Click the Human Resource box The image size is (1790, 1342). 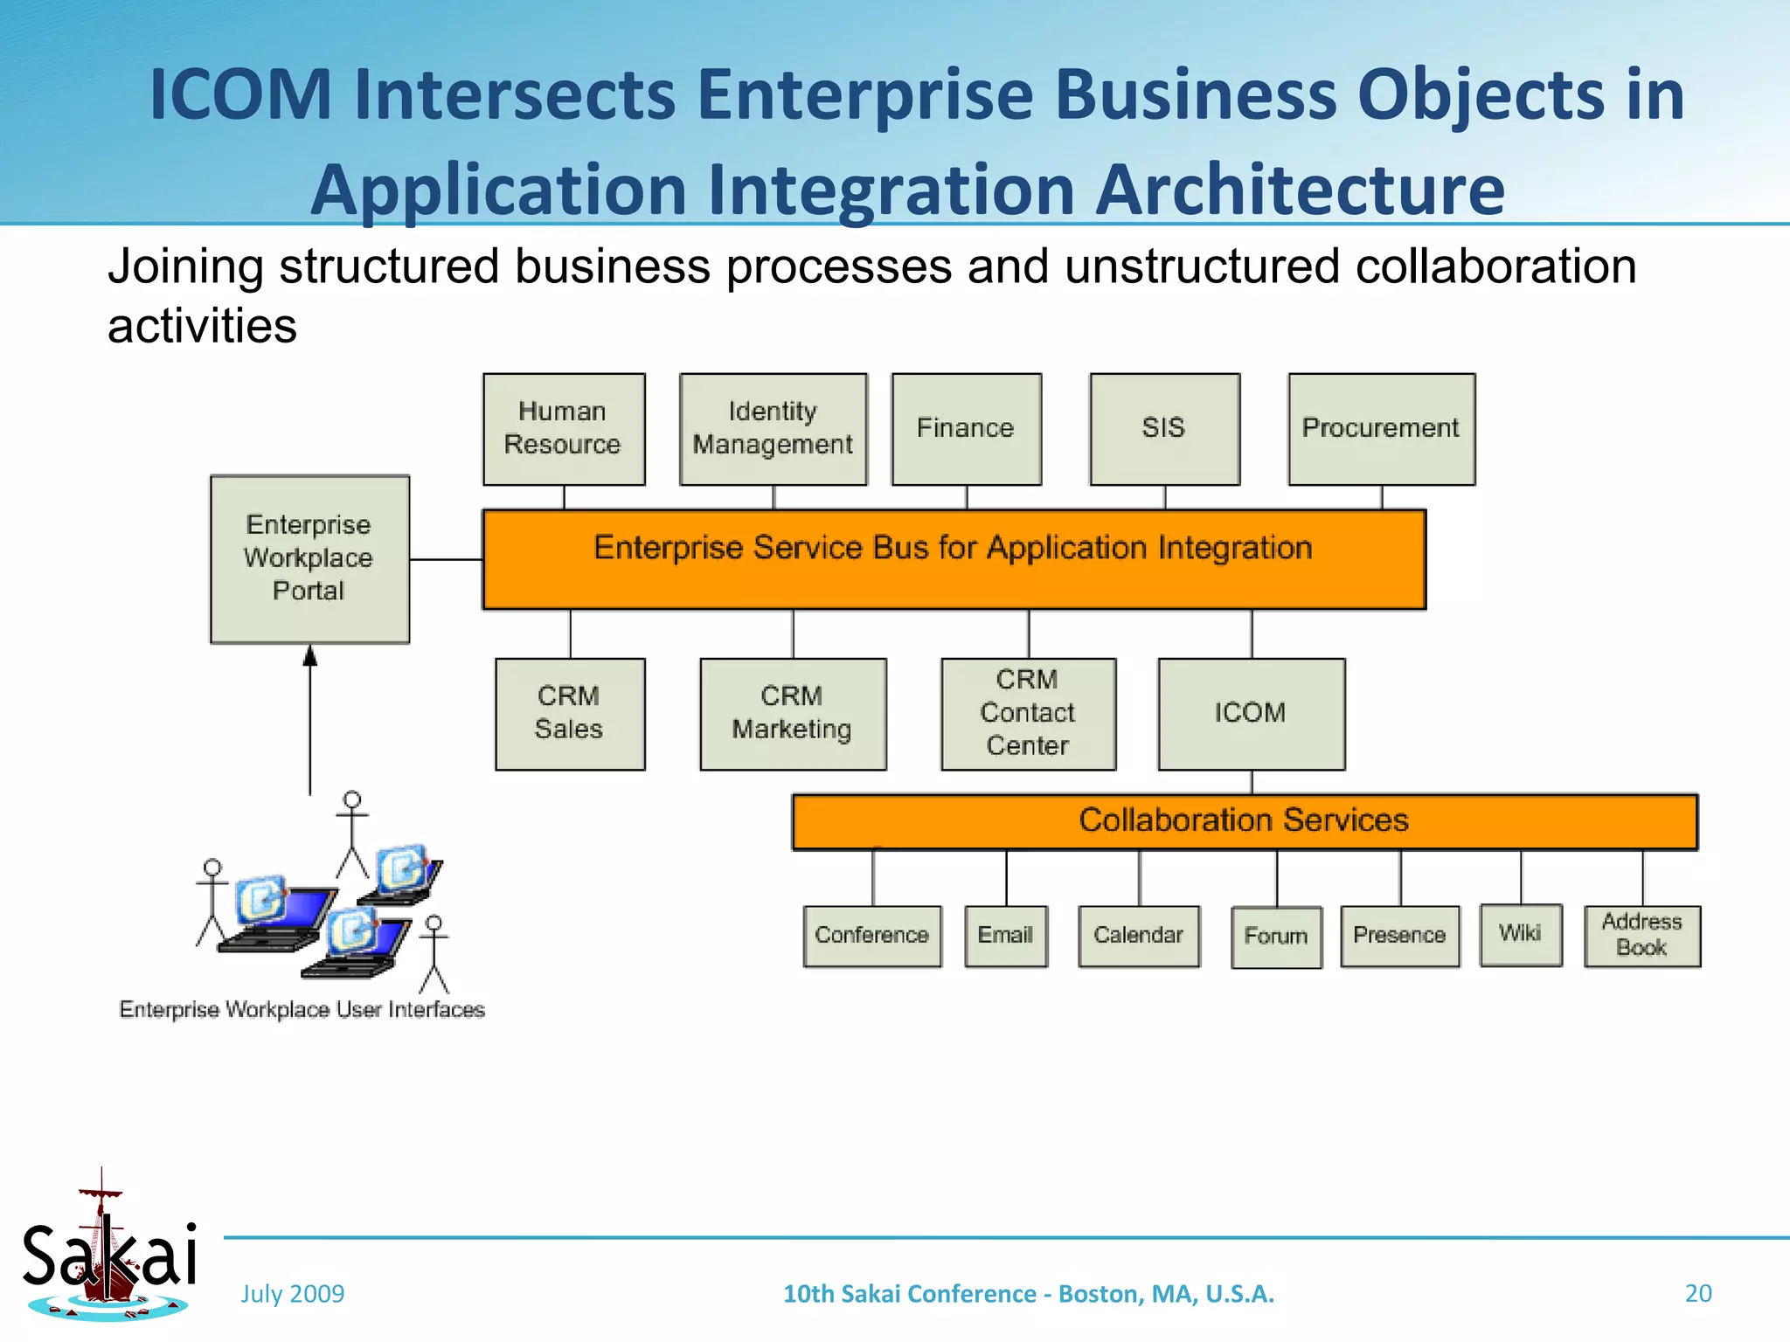[564, 429]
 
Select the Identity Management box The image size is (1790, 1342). [774, 429]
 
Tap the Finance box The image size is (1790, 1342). [966, 429]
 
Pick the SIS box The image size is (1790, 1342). [1164, 429]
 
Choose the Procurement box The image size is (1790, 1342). [1381, 429]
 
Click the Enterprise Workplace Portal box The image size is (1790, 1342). [309, 559]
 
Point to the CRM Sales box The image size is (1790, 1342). [570, 714]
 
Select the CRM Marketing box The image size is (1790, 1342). [793, 714]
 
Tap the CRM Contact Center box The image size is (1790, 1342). [1028, 714]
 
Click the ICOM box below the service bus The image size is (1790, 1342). [1251, 714]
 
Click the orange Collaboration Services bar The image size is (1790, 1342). [1244, 821]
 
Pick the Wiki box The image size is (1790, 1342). [1520, 935]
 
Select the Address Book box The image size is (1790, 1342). [1641, 936]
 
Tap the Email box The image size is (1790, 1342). [1005, 936]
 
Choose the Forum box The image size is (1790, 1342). [1276, 937]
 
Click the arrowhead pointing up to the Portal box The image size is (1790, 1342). [309, 655]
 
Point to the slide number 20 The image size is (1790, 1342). [1697, 1293]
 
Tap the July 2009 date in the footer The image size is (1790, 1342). [293, 1294]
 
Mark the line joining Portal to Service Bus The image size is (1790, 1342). [446, 559]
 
